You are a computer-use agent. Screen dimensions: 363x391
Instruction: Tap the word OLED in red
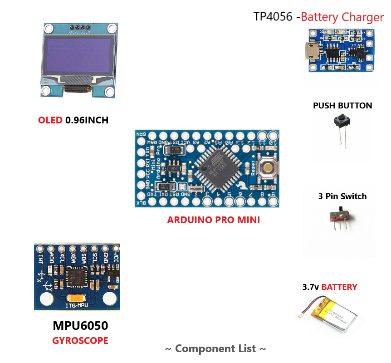50,120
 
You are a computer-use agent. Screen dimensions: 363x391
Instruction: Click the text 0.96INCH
87,120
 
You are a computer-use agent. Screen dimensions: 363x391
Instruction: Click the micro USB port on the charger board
312,49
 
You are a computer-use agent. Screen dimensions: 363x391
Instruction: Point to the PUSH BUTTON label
342,106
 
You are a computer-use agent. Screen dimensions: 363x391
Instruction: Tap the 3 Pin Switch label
342,196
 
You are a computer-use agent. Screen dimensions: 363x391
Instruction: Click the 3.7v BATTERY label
330,287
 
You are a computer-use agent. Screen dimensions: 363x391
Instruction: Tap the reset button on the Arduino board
267,168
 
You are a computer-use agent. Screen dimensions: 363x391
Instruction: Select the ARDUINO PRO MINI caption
213,221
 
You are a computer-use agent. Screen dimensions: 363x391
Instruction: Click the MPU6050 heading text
80,326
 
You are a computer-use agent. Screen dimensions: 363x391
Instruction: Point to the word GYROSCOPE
80,340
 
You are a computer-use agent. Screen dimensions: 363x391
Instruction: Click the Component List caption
215,348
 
